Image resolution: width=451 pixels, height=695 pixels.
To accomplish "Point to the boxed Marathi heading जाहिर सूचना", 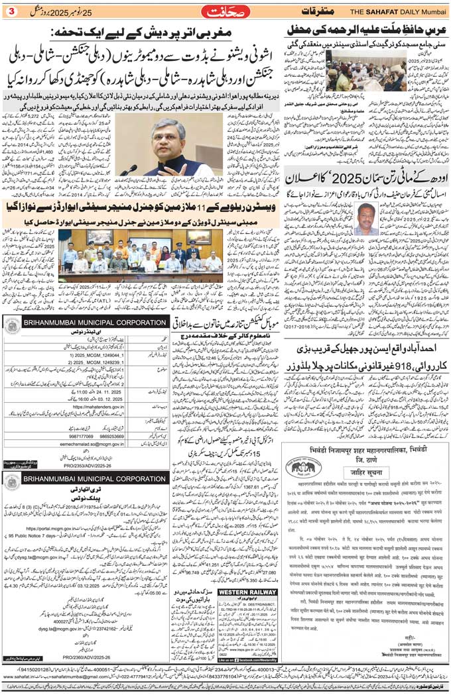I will (x=364, y=473).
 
